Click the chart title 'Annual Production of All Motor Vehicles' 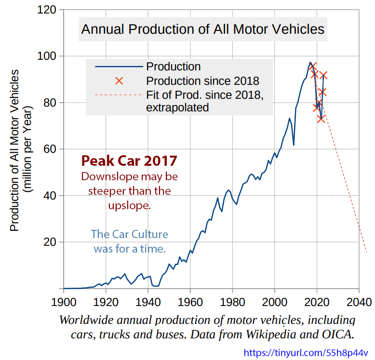202,29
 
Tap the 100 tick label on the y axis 47,56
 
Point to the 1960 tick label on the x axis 190,302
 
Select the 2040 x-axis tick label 359,302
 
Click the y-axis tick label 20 50,242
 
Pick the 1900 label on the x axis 64,302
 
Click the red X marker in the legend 119,81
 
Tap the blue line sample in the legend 119,67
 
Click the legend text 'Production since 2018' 202,81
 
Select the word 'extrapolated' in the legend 177,107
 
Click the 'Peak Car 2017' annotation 129,160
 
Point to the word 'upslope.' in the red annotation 129,206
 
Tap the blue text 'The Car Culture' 129,234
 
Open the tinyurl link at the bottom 306,353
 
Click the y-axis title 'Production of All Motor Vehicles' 14,150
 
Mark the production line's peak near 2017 310,62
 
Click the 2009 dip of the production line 294,145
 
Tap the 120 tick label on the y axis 47,10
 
